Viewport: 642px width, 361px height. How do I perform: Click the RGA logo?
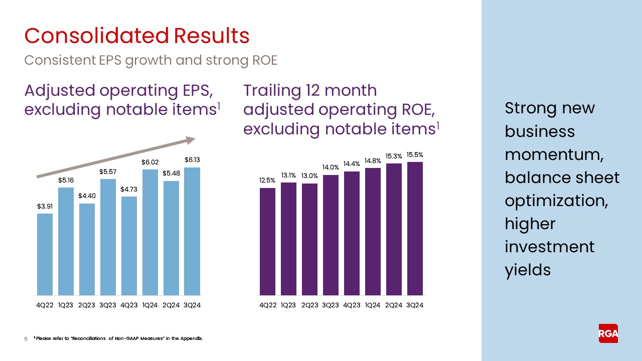coord(608,333)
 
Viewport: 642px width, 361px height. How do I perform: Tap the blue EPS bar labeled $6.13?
coord(193,231)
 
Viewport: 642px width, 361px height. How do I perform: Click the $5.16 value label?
coord(66,179)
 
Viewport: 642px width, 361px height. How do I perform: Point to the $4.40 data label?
coord(87,196)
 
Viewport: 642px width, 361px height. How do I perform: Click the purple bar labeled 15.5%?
coord(415,229)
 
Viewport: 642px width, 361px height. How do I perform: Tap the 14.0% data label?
coord(331,167)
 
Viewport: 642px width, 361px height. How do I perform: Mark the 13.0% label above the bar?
coord(309,176)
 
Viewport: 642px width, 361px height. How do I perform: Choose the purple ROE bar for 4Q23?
coord(352,233)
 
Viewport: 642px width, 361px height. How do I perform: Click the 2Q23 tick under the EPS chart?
coord(87,306)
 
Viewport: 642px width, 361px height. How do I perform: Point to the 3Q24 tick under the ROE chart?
coord(415,306)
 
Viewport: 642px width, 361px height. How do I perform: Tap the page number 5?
coord(26,339)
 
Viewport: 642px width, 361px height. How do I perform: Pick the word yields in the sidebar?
coord(528,270)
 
